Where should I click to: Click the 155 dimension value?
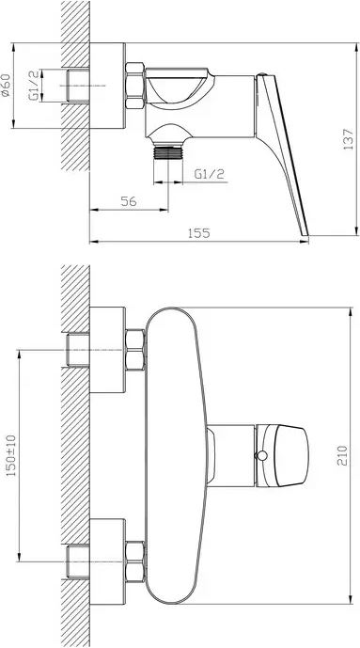199,233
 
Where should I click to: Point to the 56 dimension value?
129,201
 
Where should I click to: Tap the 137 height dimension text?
348,139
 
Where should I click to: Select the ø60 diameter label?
6,86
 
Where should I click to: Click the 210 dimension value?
342,455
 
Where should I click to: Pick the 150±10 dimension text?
10,455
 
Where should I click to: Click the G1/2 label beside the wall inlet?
34,86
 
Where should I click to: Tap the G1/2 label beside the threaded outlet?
210,174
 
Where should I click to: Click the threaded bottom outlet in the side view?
168,151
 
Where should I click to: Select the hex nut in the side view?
134,86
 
